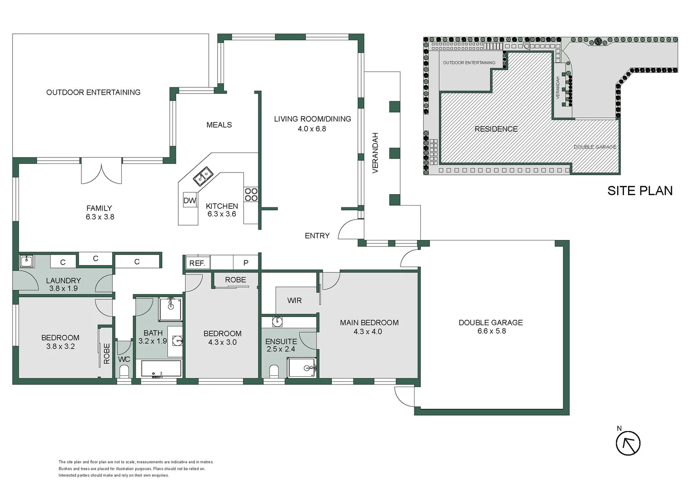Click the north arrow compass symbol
tap(628, 443)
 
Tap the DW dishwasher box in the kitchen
tap(190, 201)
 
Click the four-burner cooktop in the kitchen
tap(251, 195)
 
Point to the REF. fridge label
tap(197, 263)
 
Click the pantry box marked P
tap(246, 263)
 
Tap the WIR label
tap(294, 300)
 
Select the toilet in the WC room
tap(124, 371)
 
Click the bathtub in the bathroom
tap(161, 369)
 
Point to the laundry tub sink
tap(26, 261)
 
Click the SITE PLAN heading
tap(639, 191)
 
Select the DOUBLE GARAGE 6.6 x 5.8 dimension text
tap(491, 331)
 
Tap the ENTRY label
tap(317, 235)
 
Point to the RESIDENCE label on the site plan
tap(496, 129)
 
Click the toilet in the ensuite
tap(274, 371)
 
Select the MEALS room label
tap(219, 125)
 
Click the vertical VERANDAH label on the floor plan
tap(375, 153)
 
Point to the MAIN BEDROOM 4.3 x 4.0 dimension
tap(367, 331)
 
